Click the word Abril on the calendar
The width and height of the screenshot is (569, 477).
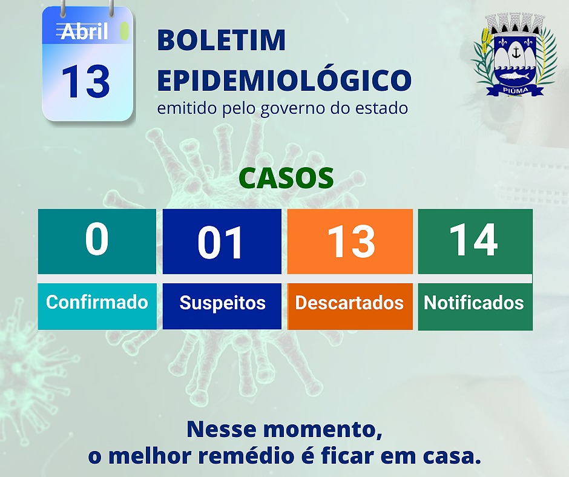point(84,31)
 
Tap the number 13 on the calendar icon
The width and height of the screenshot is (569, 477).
point(85,82)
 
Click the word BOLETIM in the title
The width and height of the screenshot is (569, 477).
point(222,41)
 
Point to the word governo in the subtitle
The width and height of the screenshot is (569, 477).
point(293,109)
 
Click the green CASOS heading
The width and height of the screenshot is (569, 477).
point(286,178)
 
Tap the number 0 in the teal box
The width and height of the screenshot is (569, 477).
point(96,238)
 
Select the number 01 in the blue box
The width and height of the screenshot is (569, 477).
point(220,242)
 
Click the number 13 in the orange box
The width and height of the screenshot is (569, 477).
point(350,242)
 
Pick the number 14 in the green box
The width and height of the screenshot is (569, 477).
point(473,240)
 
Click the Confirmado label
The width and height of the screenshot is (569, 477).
point(97,302)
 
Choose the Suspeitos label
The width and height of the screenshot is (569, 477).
point(222,303)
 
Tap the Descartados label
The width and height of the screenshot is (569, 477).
point(349,303)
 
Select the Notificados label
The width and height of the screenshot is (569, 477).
point(474,303)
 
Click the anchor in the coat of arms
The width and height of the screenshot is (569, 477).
point(515,53)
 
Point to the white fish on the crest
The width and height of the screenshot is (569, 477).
point(515,77)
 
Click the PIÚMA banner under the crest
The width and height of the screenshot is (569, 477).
point(515,90)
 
